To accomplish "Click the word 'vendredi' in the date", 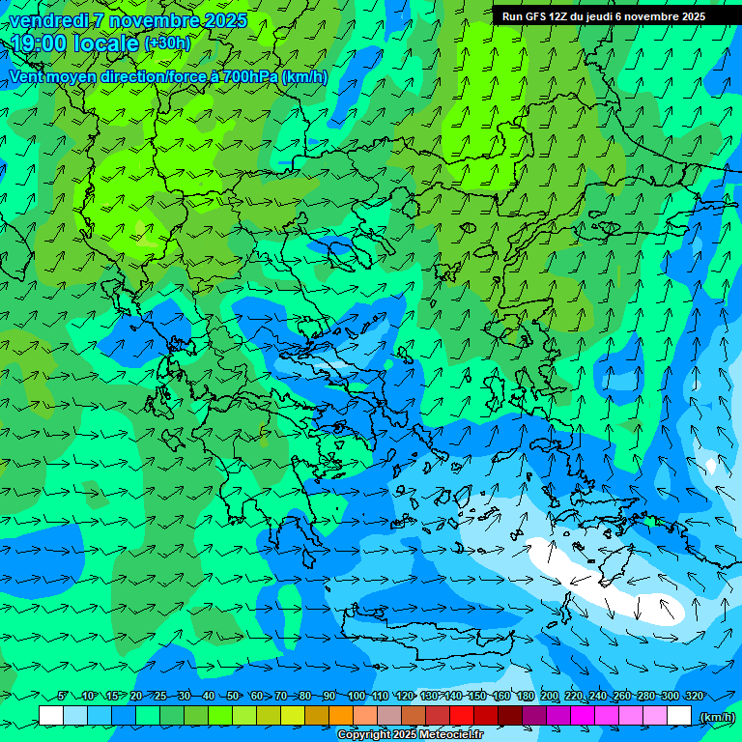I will pos(47,20).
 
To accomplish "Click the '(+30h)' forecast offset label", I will pos(167,43).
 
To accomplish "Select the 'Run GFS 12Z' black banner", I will pos(604,16).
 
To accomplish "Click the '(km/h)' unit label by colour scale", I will pos(716,717).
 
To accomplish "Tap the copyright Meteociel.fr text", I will pos(410,735).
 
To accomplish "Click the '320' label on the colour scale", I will pos(694,696).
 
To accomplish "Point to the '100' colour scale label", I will pos(356,696).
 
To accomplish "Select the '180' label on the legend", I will pos(525,696).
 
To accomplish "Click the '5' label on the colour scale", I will pos(62,696).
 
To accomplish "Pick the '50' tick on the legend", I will pos(233,696).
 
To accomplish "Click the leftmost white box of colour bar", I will pos(51,716).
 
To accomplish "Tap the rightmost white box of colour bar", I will pos(679,716).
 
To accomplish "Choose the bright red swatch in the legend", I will pos(462,716).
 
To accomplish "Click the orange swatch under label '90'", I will pos(341,716).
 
